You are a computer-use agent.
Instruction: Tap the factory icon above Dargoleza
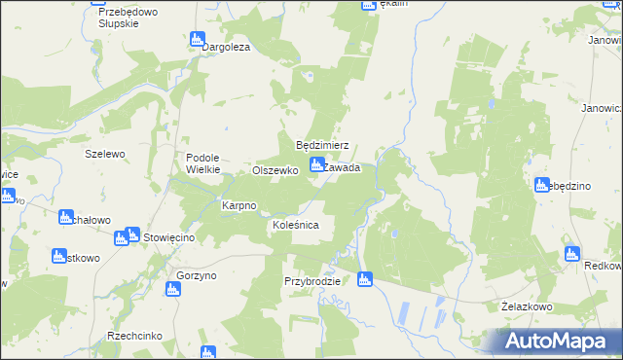(x=198, y=40)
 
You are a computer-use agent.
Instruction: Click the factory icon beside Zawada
(x=316, y=166)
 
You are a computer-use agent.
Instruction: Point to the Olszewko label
(x=274, y=170)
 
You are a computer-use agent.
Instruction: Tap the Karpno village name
(x=238, y=206)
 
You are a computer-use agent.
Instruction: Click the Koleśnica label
(x=295, y=225)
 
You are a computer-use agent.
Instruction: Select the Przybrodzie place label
(x=311, y=281)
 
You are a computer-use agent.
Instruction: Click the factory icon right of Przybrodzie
(x=365, y=280)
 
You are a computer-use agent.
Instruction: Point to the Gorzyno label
(x=197, y=276)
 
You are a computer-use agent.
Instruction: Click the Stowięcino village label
(x=170, y=237)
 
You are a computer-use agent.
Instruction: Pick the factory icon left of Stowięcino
(x=132, y=234)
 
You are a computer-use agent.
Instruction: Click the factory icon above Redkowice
(x=572, y=254)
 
